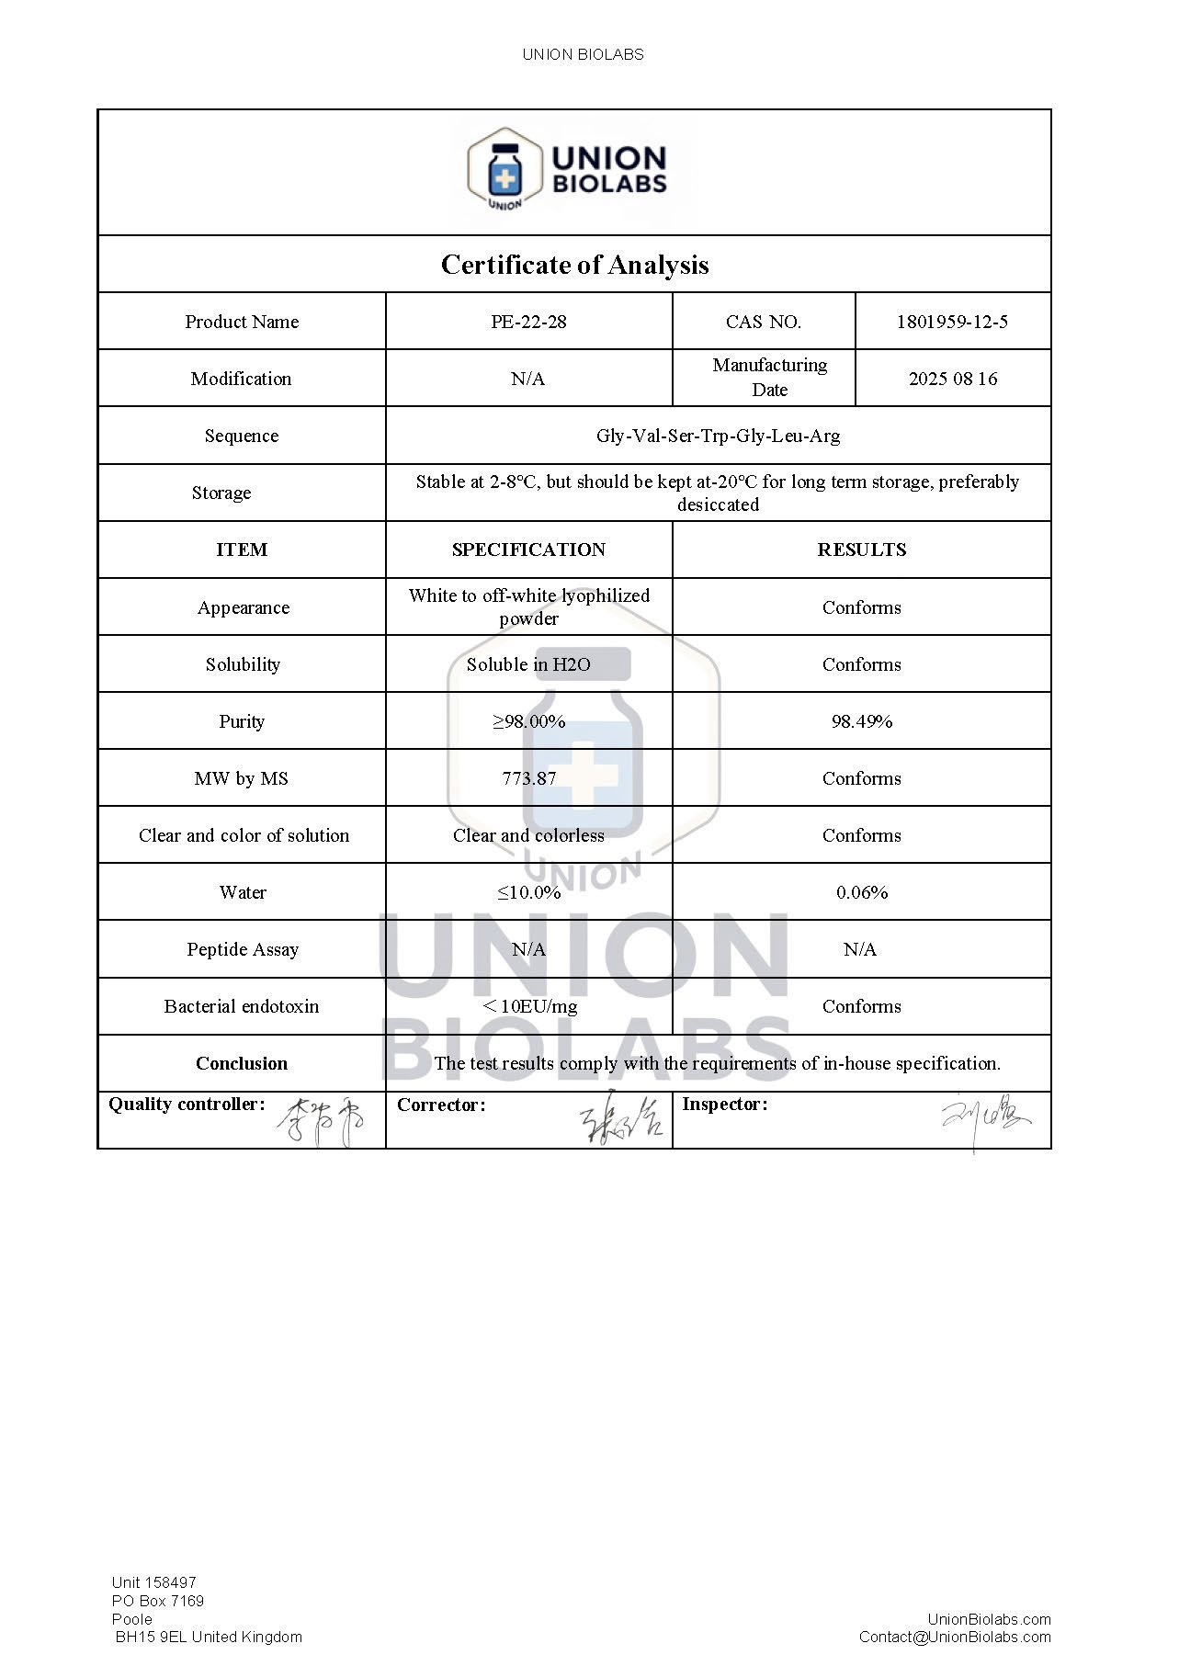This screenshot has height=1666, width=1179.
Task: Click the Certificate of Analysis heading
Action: pos(574,265)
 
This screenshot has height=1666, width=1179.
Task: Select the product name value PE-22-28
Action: pos(528,322)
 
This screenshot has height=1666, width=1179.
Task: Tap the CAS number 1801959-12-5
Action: pos(952,322)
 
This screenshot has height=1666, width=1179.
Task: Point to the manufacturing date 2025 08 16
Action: pos(953,379)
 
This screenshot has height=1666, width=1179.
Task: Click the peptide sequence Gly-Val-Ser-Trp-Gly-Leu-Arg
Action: pos(718,436)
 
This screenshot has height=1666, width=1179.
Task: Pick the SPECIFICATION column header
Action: pos(528,550)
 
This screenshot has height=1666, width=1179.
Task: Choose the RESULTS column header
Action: pos(861,550)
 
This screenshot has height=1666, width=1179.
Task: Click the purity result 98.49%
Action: pos(861,721)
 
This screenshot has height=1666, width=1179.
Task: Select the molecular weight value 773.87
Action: pos(528,778)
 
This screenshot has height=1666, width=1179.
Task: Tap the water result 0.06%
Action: pos(861,892)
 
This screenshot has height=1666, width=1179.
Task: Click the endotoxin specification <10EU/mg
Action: pos(529,1006)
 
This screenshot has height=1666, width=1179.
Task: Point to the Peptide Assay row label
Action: pos(243,949)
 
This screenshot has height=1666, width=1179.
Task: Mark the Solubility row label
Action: pos(243,664)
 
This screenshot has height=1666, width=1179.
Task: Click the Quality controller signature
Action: pos(321,1122)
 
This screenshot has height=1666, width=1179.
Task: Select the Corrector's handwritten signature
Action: pos(621,1122)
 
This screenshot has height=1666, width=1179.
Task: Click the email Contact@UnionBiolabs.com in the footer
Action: pos(955,1637)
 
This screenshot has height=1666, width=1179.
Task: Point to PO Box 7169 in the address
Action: pos(158,1601)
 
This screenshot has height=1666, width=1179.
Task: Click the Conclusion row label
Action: pos(242,1063)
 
